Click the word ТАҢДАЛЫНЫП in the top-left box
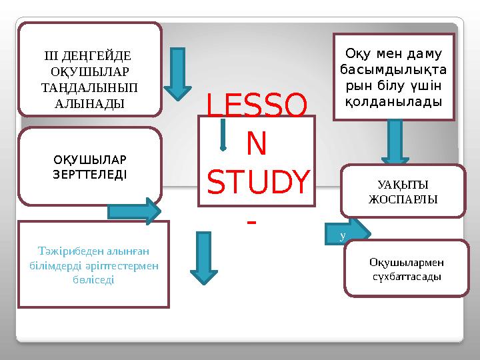coord(90,87)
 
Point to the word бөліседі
coord(93,280)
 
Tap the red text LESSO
coord(257,105)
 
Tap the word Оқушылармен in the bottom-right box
coord(407,262)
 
